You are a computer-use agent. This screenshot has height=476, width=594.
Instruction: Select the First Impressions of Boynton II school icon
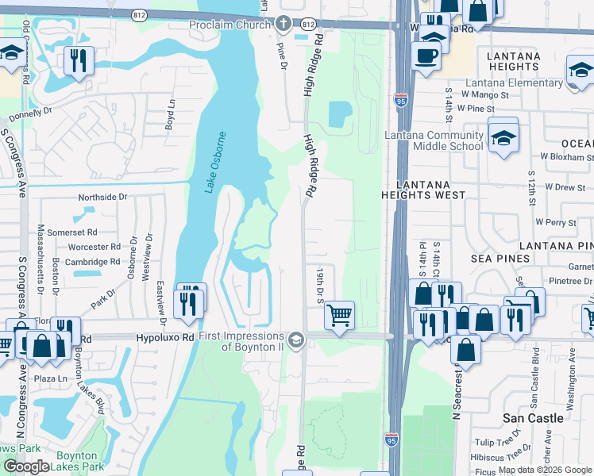[x=295, y=340]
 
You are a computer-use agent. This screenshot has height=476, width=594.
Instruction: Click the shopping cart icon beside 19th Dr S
[x=339, y=315]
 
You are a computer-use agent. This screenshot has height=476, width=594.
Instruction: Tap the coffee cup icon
[x=426, y=55]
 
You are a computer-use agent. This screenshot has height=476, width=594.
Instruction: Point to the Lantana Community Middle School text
[x=434, y=140]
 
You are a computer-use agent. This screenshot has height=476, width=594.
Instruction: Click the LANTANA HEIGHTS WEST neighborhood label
[x=422, y=189]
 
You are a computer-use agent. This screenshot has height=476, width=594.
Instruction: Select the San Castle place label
[x=534, y=418]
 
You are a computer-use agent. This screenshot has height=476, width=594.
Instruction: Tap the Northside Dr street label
[x=102, y=197]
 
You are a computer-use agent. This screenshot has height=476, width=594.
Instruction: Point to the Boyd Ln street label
[x=171, y=114]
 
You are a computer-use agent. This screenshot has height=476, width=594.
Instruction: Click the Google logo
[x=26, y=466]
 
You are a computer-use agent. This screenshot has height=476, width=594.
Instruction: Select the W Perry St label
[x=555, y=223]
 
